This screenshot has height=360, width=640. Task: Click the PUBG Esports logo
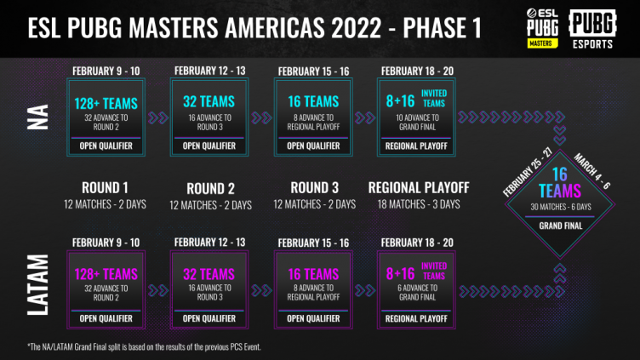[592, 30]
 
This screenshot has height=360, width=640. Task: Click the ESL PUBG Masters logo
[542, 28]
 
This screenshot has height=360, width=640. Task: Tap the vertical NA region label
[38, 117]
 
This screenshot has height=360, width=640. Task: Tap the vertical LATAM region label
[38, 285]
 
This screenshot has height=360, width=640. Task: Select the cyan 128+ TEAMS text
[106, 104]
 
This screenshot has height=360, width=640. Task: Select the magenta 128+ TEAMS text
[106, 274]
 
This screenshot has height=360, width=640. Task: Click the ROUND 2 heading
[210, 189]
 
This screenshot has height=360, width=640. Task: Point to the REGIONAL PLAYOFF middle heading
[419, 188]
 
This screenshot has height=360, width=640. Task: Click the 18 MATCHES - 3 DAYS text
[419, 204]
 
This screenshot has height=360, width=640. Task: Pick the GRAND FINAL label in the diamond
[560, 226]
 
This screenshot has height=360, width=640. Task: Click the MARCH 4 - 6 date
[591, 171]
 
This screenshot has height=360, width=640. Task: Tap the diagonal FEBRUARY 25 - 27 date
[528, 172]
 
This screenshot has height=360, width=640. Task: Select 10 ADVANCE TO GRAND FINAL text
[417, 123]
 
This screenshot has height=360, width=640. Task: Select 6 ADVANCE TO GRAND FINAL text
[417, 293]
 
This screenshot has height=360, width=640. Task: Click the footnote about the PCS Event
[144, 347]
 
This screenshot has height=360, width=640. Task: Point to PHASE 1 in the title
[443, 28]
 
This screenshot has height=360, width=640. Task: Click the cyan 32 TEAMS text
[209, 101]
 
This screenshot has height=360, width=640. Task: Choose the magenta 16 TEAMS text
[313, 274]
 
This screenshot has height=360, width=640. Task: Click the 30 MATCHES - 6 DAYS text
[560, 207]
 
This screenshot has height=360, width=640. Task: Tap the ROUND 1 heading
[105, 188]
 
